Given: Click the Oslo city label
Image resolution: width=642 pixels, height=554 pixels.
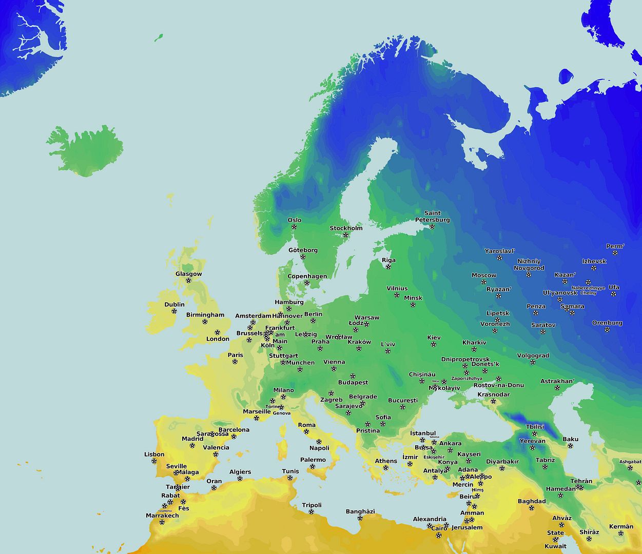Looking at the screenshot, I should click(x=295, y=220).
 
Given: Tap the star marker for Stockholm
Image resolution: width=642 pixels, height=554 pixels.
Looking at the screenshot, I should click(x=345, y=235).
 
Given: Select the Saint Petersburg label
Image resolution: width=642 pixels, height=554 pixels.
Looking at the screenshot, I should click(x=432, y=216).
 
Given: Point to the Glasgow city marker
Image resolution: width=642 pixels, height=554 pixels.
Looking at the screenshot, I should click(x=188, y=281).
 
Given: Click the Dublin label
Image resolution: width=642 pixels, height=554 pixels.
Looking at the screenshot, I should click(x=174, y=304).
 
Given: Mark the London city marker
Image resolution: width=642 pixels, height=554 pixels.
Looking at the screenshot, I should click(x=217, y=332).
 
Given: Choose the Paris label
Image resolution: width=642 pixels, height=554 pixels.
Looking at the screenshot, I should click(x=236, y=355).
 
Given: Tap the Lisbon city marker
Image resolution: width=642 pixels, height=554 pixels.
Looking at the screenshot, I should click(x=154, y=461).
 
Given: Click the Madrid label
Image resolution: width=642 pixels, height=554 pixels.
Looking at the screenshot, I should click(x=192, y=439).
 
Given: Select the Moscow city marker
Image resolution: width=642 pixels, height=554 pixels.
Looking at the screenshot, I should click(x=483, y=282).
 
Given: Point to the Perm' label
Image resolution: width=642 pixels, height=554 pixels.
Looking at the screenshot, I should click(x=615, y=246).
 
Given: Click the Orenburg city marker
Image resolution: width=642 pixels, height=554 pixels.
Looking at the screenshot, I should click(x=607, y=330).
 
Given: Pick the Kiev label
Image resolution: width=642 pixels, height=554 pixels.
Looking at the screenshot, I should click(x=434, y=338).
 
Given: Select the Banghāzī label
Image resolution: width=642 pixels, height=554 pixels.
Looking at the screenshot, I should click(x=360, y=511).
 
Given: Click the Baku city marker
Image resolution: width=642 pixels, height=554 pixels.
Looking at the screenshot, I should click(x=570, y=446).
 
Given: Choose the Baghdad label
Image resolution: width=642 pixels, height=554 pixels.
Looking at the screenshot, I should click(x=532, y=501).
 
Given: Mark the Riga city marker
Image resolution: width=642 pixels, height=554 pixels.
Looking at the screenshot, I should click(x=388, y=267).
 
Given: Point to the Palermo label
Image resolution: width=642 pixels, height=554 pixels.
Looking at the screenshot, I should click(x=313, y=460).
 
